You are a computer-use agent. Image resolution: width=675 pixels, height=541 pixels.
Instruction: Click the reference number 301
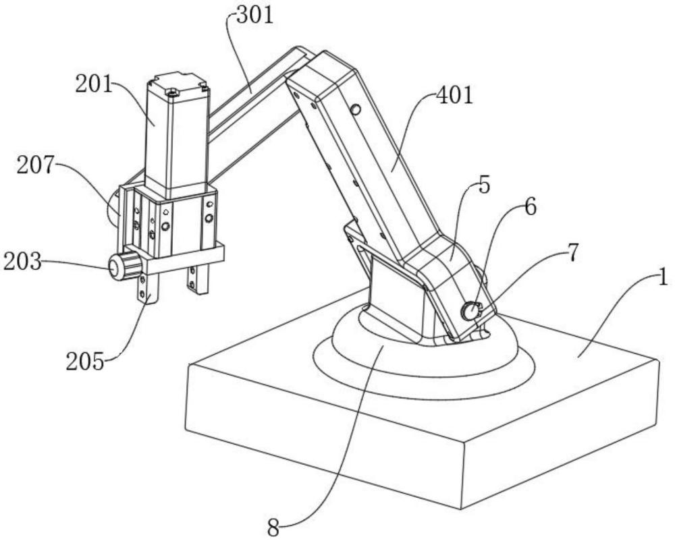[x=254, y=16]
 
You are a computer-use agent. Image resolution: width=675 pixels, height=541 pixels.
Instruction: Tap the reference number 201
[x=93, y=84]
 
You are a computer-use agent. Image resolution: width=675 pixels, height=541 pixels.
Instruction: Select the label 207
[x=36, y=165]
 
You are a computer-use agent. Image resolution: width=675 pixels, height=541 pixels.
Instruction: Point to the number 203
[x=22, y=261]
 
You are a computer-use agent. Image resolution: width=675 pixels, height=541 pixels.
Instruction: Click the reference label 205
[x=85, y=362]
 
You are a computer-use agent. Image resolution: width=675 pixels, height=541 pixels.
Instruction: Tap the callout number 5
[x=484, y=186]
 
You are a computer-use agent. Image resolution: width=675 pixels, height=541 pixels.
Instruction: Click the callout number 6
[x=531, y=207]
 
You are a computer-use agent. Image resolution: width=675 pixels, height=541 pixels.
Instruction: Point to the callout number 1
[x=664, y=277]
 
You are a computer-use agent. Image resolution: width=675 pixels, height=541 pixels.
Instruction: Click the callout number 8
[x=273, y=528]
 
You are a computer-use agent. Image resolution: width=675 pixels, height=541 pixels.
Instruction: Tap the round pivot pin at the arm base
[x=470, y=311]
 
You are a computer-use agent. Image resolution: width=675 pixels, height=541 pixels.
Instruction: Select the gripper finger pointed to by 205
[x=148, y=289]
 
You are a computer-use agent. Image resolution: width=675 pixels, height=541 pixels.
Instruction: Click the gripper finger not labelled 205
[x=198, y=279]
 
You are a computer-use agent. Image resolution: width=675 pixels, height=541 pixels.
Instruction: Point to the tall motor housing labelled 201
[x=176, y=136]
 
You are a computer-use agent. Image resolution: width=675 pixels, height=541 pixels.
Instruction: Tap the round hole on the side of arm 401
[x=356, y=110]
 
